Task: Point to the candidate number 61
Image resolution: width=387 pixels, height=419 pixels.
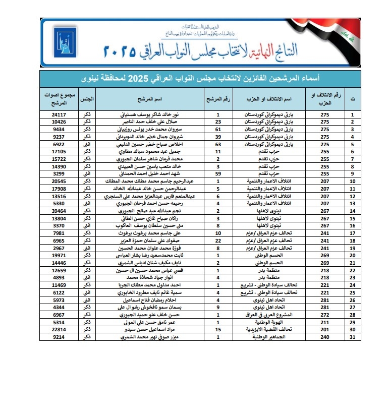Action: pos(218,129)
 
